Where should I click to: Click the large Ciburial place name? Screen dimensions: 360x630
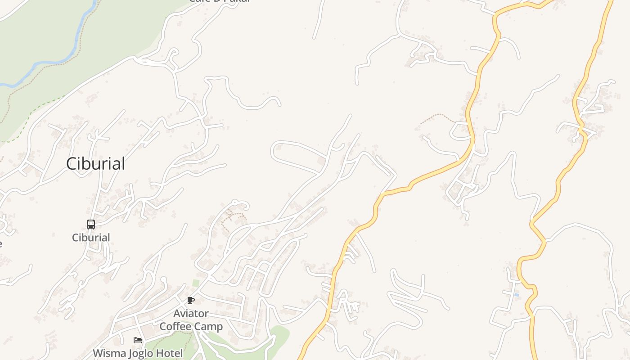(95, 164)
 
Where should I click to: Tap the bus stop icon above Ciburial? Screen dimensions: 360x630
(91, 224)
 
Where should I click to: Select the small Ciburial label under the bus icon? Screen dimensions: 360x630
(91, 238)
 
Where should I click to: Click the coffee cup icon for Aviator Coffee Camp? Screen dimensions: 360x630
(191, 300)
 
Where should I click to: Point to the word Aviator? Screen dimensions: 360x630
(191, 313)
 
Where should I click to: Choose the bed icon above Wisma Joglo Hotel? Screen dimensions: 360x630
(138, 340)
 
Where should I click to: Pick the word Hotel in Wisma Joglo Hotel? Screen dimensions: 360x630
(169, 353)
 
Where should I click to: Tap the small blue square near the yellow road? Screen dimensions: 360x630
(516, 295)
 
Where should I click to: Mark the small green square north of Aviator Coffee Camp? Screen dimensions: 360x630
(196, 283)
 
